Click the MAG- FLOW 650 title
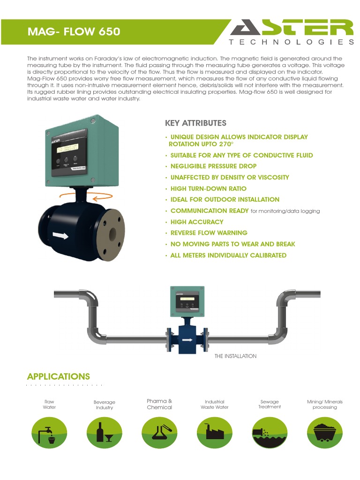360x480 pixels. tap(74, 31)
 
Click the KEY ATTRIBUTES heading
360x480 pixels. tap(195, 123)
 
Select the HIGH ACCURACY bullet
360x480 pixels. tap(196, 222)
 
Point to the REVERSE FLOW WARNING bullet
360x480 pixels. tap(209, 233)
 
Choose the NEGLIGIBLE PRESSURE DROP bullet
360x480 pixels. tap(213, 166)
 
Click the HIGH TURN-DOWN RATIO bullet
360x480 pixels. tap(208, 188)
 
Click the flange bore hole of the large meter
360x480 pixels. tap(113, 233)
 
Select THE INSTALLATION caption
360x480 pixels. tap(235, 356)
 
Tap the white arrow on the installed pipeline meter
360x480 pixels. tap(187, 339)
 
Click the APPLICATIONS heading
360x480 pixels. tap(59, 376)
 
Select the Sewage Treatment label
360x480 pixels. tap(270, 404)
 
